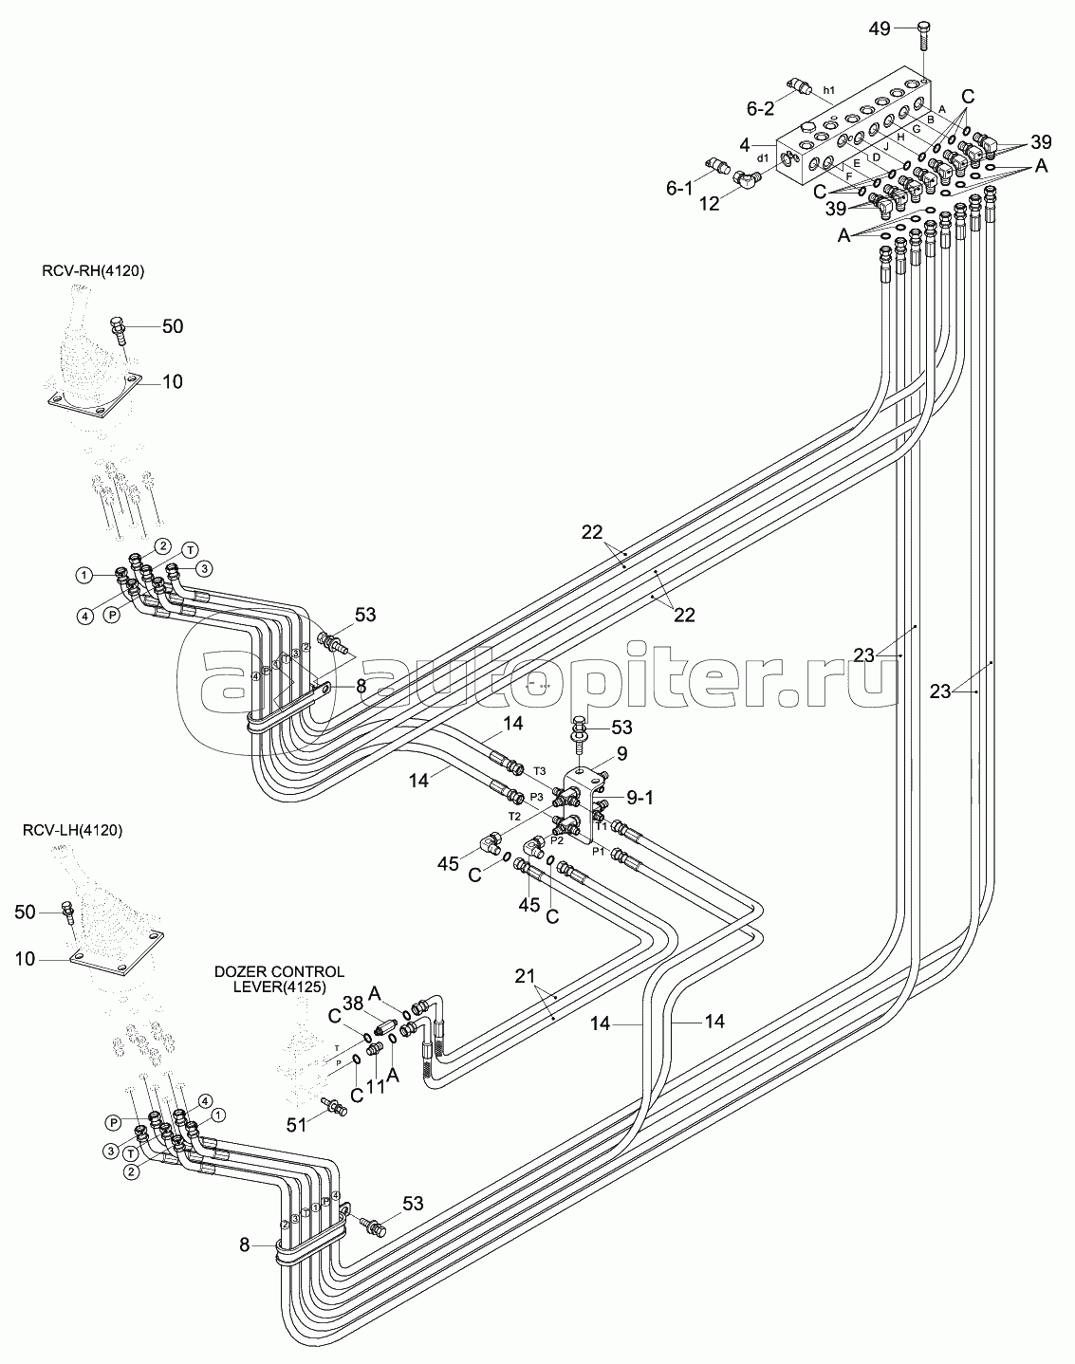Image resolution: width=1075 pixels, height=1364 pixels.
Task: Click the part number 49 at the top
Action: click(x=880, y=28)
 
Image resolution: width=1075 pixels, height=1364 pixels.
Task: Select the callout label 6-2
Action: click(x=761, y=109)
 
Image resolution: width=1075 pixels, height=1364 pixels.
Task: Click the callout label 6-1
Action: click(x=679, y=189)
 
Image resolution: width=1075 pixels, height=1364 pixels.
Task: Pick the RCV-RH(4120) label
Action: click(x=98, y=272)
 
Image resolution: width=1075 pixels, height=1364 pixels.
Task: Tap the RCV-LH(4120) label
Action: click(x=73, y=830)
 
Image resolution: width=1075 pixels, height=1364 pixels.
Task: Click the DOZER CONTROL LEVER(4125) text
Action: click(x=278, y=980)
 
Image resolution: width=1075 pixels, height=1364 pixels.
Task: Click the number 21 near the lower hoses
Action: click(x=526, y=975)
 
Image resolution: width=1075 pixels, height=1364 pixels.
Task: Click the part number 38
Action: click(x=354, y=1003)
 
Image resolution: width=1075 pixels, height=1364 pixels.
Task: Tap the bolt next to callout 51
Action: click(x=335, y=1105)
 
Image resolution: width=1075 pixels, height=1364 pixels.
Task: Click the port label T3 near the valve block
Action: click(x=540, y=770)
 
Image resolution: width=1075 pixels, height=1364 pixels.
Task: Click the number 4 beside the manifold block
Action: click(x=744, y=145)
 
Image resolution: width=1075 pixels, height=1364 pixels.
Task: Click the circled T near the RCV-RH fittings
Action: click(x=190, y=550)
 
